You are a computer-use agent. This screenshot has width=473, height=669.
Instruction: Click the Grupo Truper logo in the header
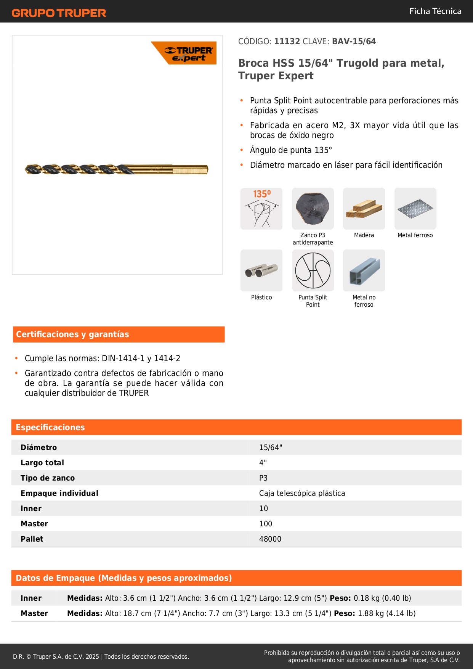pyautogui.click(x=59, y=13)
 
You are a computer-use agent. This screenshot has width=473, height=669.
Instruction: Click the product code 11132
pyautogui.click(x=287, y=42)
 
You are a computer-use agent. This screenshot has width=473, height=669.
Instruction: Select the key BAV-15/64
pyautogui.click(x=354, y=42)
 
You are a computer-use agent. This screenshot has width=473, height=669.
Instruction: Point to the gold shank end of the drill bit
pyautogui.click(x=191, y=169)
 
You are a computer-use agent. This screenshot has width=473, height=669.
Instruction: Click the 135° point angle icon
pyautogui.click(x=261, y=209)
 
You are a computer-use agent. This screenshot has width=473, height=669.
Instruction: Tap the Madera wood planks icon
pyautogui.click(x=364, y=209)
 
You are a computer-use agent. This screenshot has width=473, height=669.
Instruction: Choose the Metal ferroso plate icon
pyautogui.click(x=415, y=209)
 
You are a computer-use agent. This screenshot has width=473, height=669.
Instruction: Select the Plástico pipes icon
pyautogui.click(x=261, y=270)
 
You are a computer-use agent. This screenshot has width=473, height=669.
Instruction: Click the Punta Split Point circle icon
pyautogui.click(x=313, y=270)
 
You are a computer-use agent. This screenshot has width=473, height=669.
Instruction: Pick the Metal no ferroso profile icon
pyautogui.click(x=364, y=270)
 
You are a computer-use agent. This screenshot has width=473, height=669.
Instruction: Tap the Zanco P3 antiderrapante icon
pyautogui.click(x=313, y=209)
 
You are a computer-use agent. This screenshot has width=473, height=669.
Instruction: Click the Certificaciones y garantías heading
pyautogui.click(x=72, y=334)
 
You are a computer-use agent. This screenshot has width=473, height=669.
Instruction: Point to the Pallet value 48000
pyautogui.click(x=270, y=539)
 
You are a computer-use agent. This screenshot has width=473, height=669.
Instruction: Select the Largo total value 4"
pyautogui.click(x=263, y=463)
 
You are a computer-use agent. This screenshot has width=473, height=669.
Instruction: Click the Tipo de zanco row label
pyautogui.click(x=48, y=478)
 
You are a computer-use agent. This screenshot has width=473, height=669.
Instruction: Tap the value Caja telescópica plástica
pyautogui.click(x=302, y=493)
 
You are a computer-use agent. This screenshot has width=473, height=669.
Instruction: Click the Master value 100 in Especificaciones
pyautogui.click(x=266, y=524)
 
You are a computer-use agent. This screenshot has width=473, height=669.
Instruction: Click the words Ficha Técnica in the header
pyautogui.click(x=435, y=11)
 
